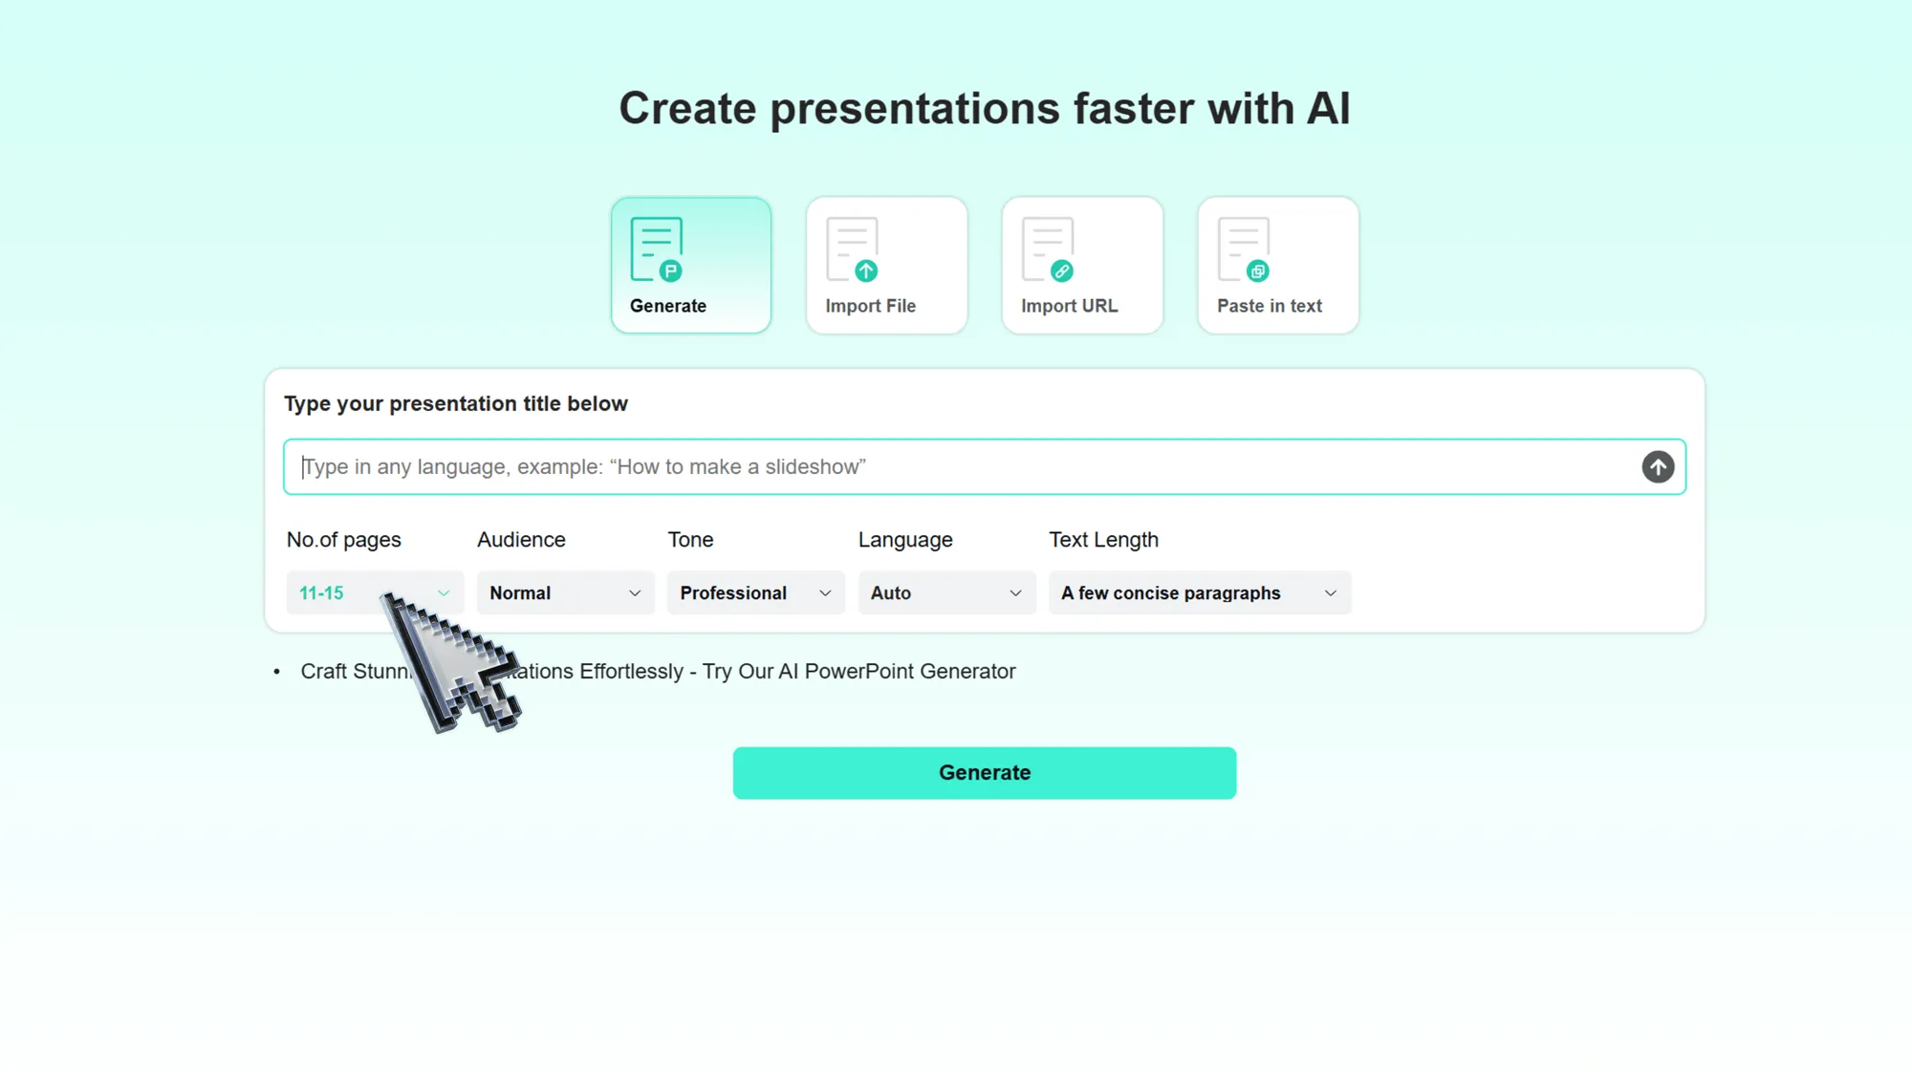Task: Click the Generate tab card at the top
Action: pyautogui.click(x=690, y=265)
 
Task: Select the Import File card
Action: pyautogui.click(x=886, y=265)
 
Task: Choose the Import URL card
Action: pyautogui.click(x=1082, y=265)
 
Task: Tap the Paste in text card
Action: pyautogui.click(x=1278, y=265)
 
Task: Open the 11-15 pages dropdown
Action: pyautogui.click(x=374, y=592)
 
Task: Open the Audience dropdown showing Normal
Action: pyautogui.click(x=565, y=592)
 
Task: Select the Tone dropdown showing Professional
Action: pyautogui.click(x=755, y=592)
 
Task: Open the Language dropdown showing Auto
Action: pyautogui.click(x=946, y=592)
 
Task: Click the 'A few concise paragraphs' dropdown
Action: pyautogui.click(x=1199, y=592)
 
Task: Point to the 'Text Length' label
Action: pyautogui.click(x=1103, y=540)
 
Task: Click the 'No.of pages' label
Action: pyautogui.click(x=343, y=540)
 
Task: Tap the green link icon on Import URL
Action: pyautogui.click(x=1062, y=271)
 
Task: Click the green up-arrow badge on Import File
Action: pyautogui.click(x=866, y=271)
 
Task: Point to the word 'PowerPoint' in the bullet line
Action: pyautogui.click(x=858, y=672)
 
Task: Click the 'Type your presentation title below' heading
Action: pyautogui.click(x=456, y=404)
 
